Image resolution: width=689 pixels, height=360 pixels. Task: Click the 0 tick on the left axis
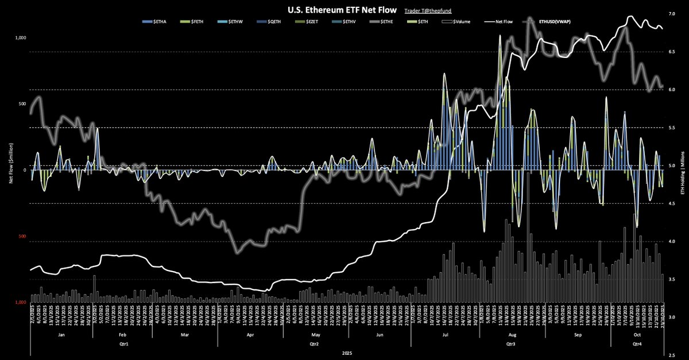[25, 170]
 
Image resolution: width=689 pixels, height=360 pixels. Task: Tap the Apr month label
[250, 332]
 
